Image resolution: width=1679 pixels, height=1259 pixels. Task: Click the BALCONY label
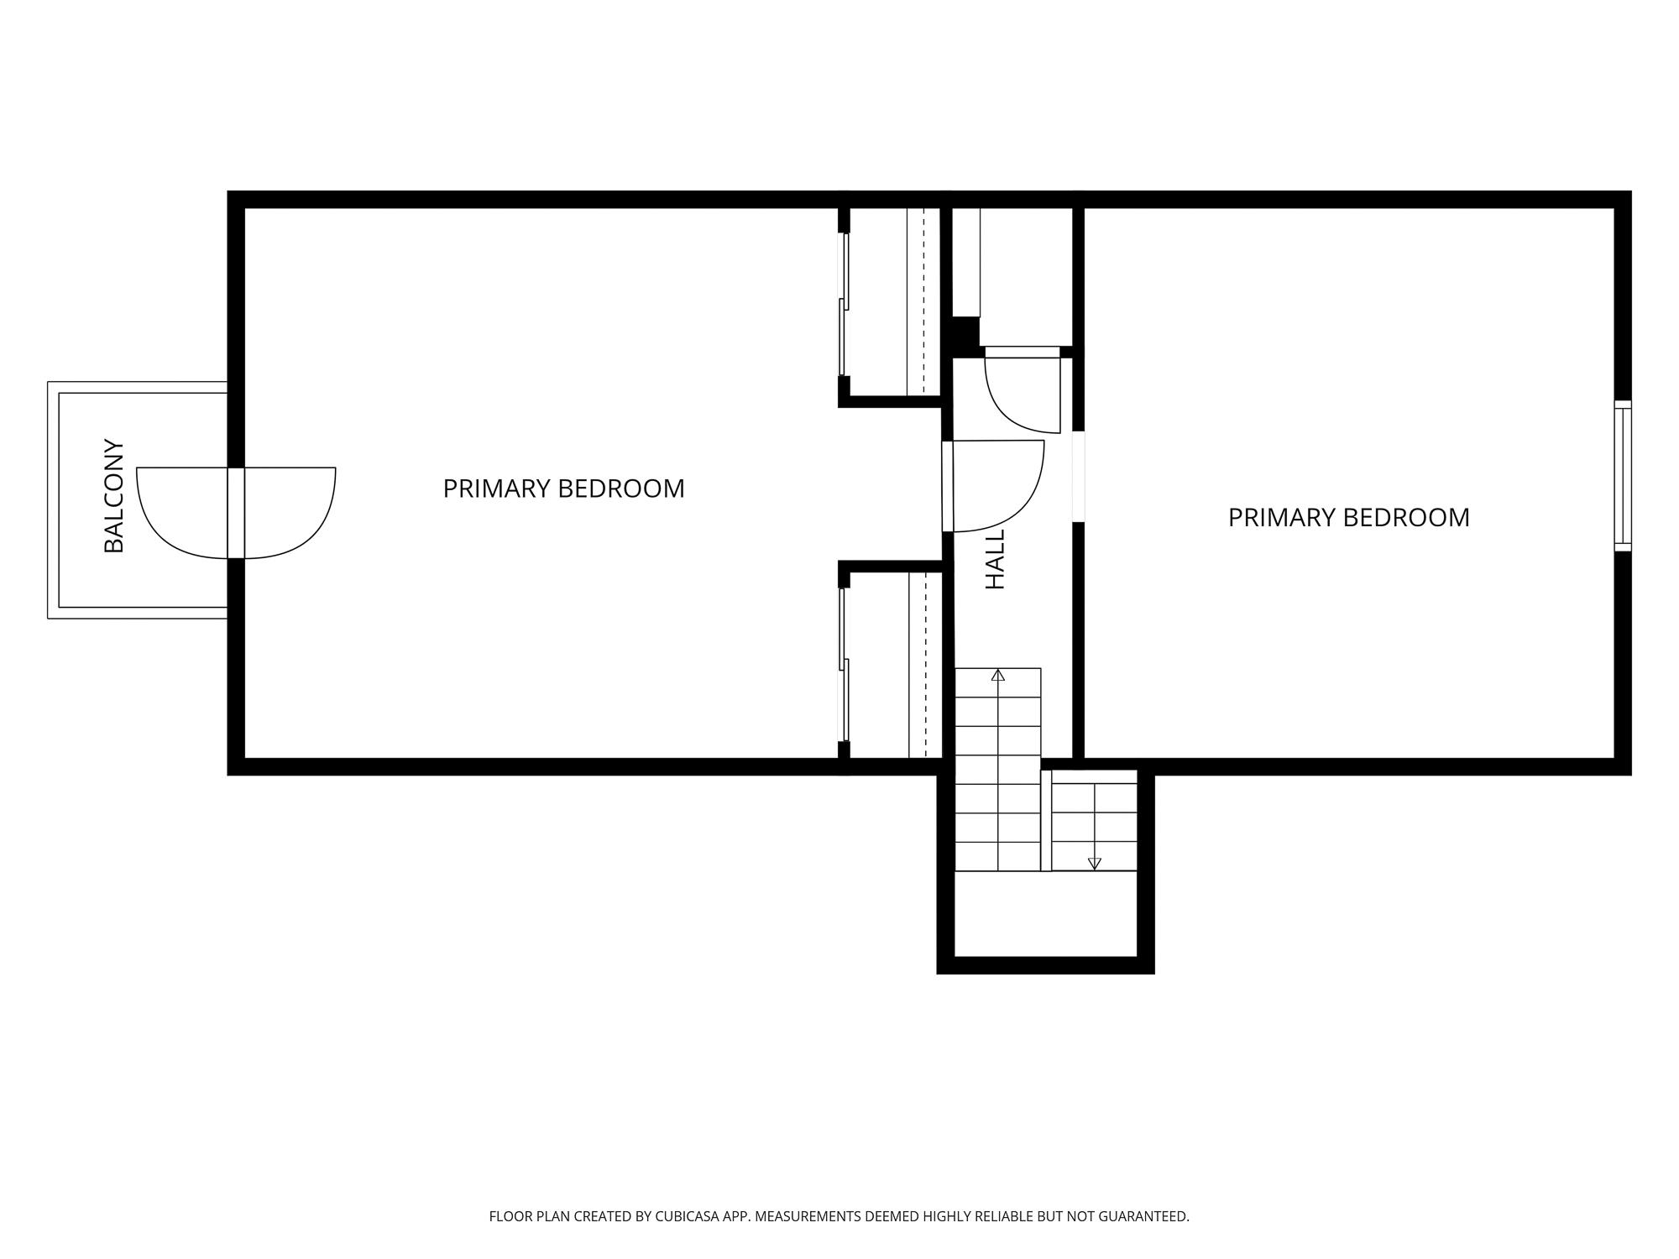tap(113, 496)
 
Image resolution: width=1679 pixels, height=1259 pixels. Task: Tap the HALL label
tap(995, 559)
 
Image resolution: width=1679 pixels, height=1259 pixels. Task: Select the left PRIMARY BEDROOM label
tap(563, 488)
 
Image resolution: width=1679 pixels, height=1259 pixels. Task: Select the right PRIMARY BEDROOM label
tap(1348, 517)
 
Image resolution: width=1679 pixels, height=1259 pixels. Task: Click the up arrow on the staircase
tap(997, 675)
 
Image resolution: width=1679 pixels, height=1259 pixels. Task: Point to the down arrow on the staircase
tap(1094, 863)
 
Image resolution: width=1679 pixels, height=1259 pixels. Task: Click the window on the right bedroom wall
tap(1623, 476)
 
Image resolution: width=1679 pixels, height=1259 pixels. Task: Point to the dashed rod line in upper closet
tap(923, 302)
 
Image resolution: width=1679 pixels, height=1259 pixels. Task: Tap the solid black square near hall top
tap(965, 336)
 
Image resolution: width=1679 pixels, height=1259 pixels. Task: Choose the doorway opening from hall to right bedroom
tap(1079, 477)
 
